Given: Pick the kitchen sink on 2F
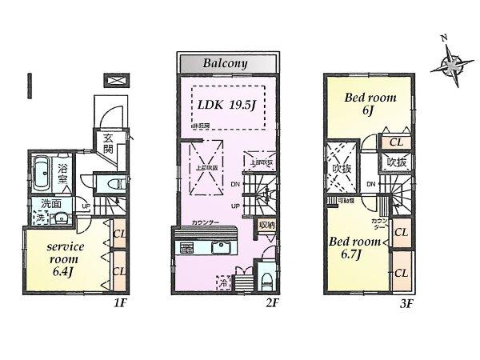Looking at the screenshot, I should tap(221, 247).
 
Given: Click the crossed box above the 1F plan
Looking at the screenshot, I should tap(115, 81).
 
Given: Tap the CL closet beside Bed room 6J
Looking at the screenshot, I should tap(394, 142).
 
